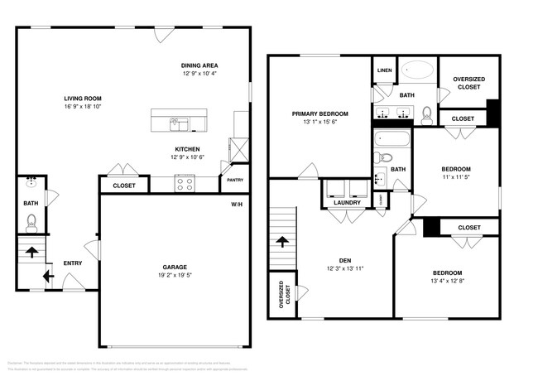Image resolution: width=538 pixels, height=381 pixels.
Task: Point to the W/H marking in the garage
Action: click(237, 204)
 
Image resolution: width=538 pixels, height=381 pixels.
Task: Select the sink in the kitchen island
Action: click(179, 124)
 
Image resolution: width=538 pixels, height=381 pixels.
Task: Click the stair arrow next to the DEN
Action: click(283, 241)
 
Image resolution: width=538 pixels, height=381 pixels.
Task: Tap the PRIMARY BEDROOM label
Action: click(319, 113)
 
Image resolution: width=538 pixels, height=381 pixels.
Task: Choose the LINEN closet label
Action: click(384, 70)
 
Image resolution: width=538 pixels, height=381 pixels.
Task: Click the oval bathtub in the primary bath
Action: click(418, 72)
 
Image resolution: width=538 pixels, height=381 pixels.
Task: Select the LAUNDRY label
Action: click(346, 202)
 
